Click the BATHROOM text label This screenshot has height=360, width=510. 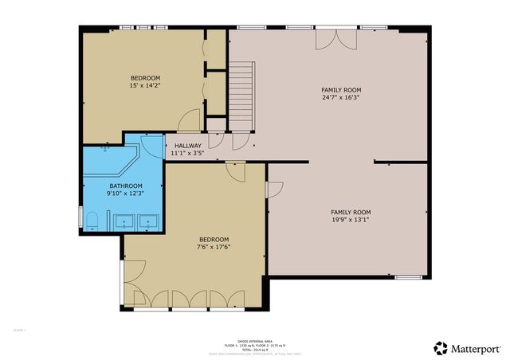104,186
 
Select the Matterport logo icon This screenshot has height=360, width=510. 440,347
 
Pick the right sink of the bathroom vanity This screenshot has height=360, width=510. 147,221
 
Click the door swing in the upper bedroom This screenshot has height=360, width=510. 190,119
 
